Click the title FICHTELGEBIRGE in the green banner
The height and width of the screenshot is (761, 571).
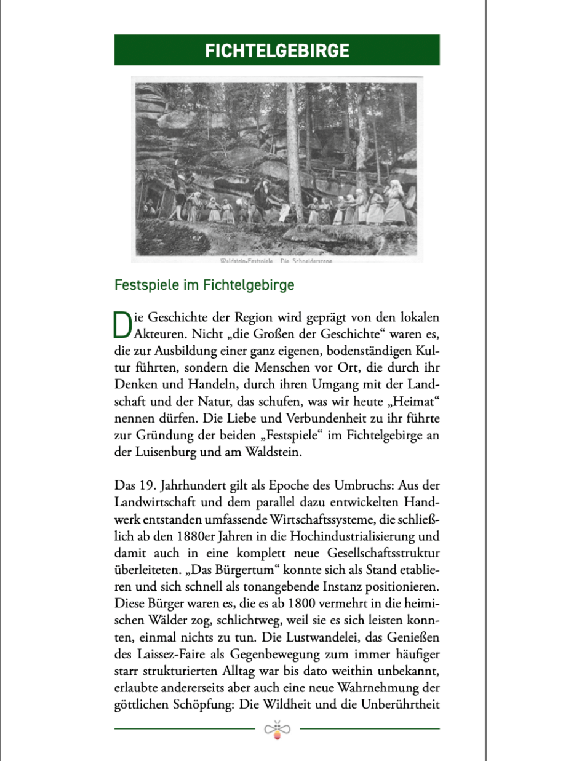[x=277, y=50]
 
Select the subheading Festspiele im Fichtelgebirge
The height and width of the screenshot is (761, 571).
[x=204, y=285]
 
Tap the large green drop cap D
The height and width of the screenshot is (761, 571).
[x=122, y=325]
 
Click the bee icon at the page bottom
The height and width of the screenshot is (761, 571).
[x=278, y=730]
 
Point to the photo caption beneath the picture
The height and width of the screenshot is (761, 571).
[x=277, y=261]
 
